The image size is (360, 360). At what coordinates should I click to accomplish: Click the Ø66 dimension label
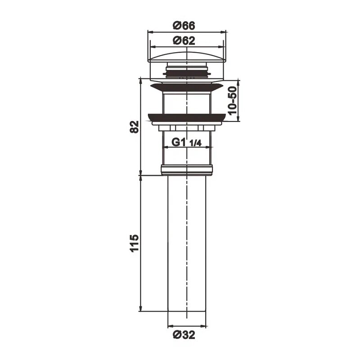184,25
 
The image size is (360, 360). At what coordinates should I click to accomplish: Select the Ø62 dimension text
184,41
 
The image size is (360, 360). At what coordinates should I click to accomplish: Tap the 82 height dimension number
134,126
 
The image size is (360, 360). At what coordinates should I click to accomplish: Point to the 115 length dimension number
134,243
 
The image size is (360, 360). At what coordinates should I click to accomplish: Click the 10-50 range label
232,100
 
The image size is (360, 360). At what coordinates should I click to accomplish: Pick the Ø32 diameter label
184,335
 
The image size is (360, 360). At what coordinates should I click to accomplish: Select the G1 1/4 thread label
186,143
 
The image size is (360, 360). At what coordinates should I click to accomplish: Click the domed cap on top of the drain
186,58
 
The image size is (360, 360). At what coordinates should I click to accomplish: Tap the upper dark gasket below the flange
186,87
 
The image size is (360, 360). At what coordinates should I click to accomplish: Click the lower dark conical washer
186,117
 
